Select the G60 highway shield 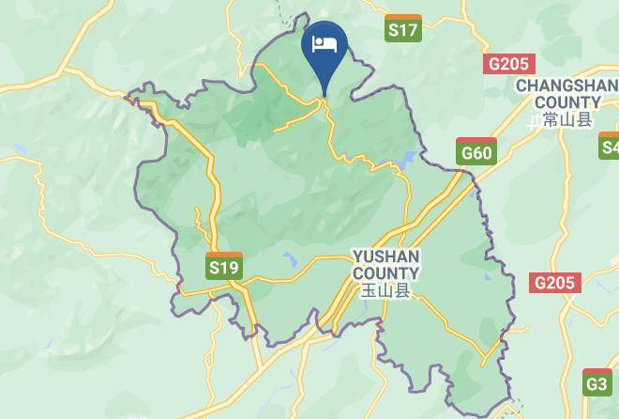pyautogui.click(x=476, y=151)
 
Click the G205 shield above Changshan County pyautogui.click(x=508, y=64)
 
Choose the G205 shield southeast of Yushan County pyautogui.click(x=555, y=283)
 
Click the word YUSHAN pyautogui.click(x=385, y=256)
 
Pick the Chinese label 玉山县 pyautogui.click(x=386, y=290)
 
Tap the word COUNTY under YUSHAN pyautogui.click(x=385, y=272)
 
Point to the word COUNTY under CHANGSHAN pyautogui.click(x=569, y=102)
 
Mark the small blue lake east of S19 pyautogui.click(x=290, y=260)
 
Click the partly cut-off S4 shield pyautogui.click(x=610, y=146)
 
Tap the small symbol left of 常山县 pyautogui.click(x=535, y=120)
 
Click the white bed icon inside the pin pyautogui.click(x=325, y=43)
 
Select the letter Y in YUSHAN pyautogui.click(x=357, y=256)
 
